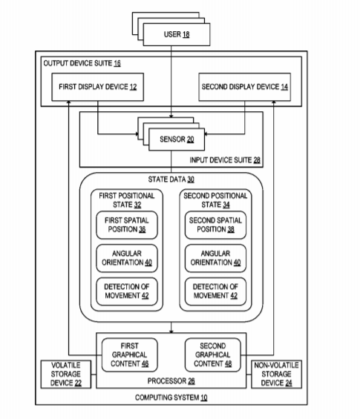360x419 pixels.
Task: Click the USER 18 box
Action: pyautogui.click(x=177, y=34)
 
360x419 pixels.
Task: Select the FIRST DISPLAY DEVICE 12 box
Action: pyautogui.click(x=98, y=87)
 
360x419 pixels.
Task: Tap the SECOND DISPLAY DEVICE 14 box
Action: pyautogui.click(x=244, y=87)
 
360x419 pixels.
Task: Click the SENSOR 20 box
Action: pyautogui.click(x=177, y=139)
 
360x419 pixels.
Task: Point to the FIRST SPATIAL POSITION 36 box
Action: pyautogui.click(x=127, y=225)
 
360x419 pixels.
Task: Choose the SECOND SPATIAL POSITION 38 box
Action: pyautogui.click(x=215, y=225)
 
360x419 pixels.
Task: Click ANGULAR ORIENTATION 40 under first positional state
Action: pyautogui.click(x=127, y=258)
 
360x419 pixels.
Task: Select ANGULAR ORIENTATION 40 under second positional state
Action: pyautogui.click(x=215, y=258)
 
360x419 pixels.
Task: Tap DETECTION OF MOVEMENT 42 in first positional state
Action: pyautogui.click(x=127, y=291)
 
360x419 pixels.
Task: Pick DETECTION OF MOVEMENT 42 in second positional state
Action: pyautogui.click(x=215, y=291)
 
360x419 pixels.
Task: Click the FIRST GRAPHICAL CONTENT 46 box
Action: pyautogui.click(x=129, y=355)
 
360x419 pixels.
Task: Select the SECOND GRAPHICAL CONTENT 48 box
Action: pyautogui.click(x=212, y=355)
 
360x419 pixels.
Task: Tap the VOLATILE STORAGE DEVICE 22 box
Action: pyautogui.click(x=66, y=374)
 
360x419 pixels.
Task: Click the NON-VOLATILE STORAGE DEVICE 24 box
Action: pyautogui.click(x=276, y=374)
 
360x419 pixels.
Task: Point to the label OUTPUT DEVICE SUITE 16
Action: pyautogui.click(x=82, y=63)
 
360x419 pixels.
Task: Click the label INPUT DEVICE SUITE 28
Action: pyautogui.click(x=225, y=160)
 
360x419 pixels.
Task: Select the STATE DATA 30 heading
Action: pyautogui.click(x=171, y=179)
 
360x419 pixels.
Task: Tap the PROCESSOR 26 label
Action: pyautogui.click(x=171, y=380)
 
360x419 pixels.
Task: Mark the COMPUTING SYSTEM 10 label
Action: pyautogui.click(x=171, y=397)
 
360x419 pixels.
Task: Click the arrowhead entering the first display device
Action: pyautogui.click(x=69, y=102)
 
